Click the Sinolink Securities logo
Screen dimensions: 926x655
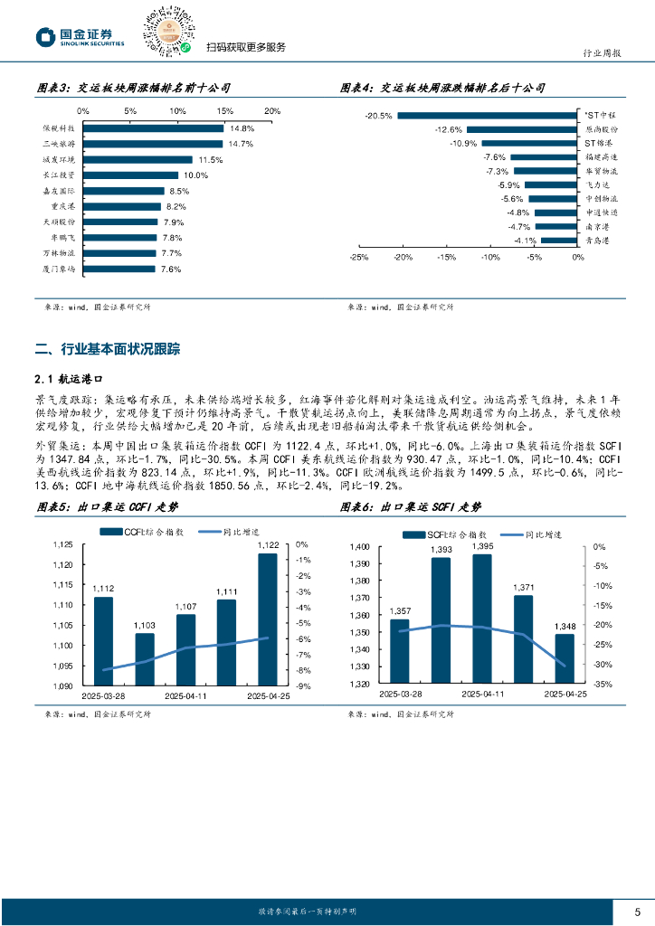[80, 37]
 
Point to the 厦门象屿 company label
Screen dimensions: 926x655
[59, 269]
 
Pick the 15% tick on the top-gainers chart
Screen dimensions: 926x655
[224, 111]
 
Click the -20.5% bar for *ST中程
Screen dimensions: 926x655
[487, 115]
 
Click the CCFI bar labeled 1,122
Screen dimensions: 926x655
[268, 619]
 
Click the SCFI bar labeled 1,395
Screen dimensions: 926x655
[482, 619]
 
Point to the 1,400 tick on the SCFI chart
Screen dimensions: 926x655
[359, 547]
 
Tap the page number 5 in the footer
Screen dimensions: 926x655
[637, 911]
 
